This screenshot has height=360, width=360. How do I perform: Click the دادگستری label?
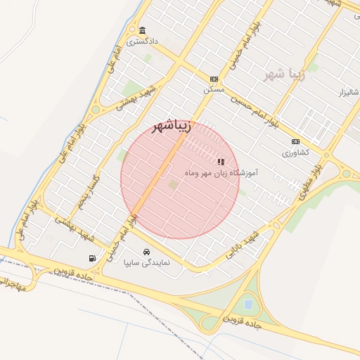pos(143,42)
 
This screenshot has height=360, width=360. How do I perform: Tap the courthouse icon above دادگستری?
pos(143,30)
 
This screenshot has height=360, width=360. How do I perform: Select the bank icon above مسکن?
pos(214,79)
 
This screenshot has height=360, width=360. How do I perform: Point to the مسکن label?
pos(214,90)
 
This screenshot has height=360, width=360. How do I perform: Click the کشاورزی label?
pos(296,153)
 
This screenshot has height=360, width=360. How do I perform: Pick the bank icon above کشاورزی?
pos(296,141)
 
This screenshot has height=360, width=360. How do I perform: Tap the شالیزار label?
pos(349,93)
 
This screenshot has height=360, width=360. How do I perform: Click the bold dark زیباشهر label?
pos(172,127)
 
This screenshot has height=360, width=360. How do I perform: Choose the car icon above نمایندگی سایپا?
pos(146,252)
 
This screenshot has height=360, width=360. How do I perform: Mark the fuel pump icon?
pos(91,258)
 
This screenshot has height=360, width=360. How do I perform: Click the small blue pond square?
pos(247,304)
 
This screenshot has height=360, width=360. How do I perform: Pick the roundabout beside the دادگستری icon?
pos(132,30)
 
